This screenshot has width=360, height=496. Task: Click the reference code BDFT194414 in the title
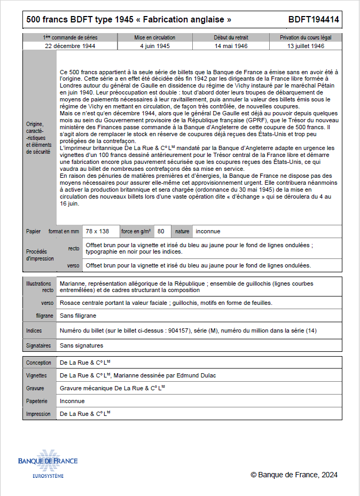tap(314, 20)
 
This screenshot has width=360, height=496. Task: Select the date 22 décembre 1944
tap(70, 46)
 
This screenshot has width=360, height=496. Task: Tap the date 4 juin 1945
tap(155, 46)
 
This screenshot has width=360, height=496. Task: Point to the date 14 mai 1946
tap(231, 46)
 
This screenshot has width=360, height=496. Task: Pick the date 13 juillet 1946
tap(306, 46)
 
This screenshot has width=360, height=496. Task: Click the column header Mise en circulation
tap(155, 38)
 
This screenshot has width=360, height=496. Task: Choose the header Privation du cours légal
tap(306, 38)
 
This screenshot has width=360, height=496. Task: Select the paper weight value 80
tap(161, 231)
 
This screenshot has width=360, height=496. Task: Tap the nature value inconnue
tap(208, 231)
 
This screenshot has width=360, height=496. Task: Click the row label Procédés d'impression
tap(40, 255)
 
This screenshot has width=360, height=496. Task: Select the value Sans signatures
tap(81, 345)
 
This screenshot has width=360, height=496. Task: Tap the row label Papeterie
tap(37, 401)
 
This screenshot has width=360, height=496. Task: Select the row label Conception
tap(39, 363)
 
